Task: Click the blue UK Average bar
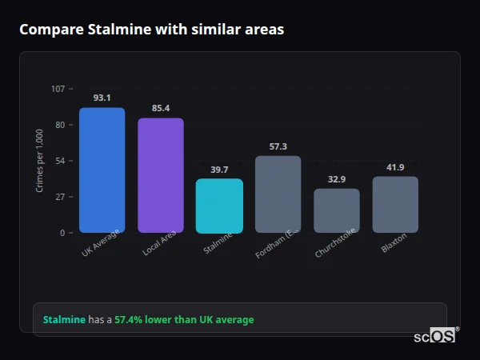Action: [102, 170]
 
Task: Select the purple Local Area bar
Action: [160, 175]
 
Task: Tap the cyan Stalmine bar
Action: [219, 206]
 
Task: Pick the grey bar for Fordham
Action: [278, 194]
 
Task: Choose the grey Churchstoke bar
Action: [336, 210]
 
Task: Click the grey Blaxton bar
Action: [395, 205]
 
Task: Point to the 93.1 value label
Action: [102, 98]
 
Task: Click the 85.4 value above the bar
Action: [160, 108]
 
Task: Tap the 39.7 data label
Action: [219, 169]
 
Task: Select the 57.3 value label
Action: [278, 146]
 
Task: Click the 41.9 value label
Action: [395, 166]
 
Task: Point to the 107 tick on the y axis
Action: [58, 89]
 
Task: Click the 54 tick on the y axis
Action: [60, 161]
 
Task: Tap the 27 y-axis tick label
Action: [60, 197]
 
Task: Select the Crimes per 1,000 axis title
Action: [40, 161]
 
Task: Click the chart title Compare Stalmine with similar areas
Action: [151, 30]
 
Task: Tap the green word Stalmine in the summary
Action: [64, 320]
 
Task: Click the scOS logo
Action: [434, 336]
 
